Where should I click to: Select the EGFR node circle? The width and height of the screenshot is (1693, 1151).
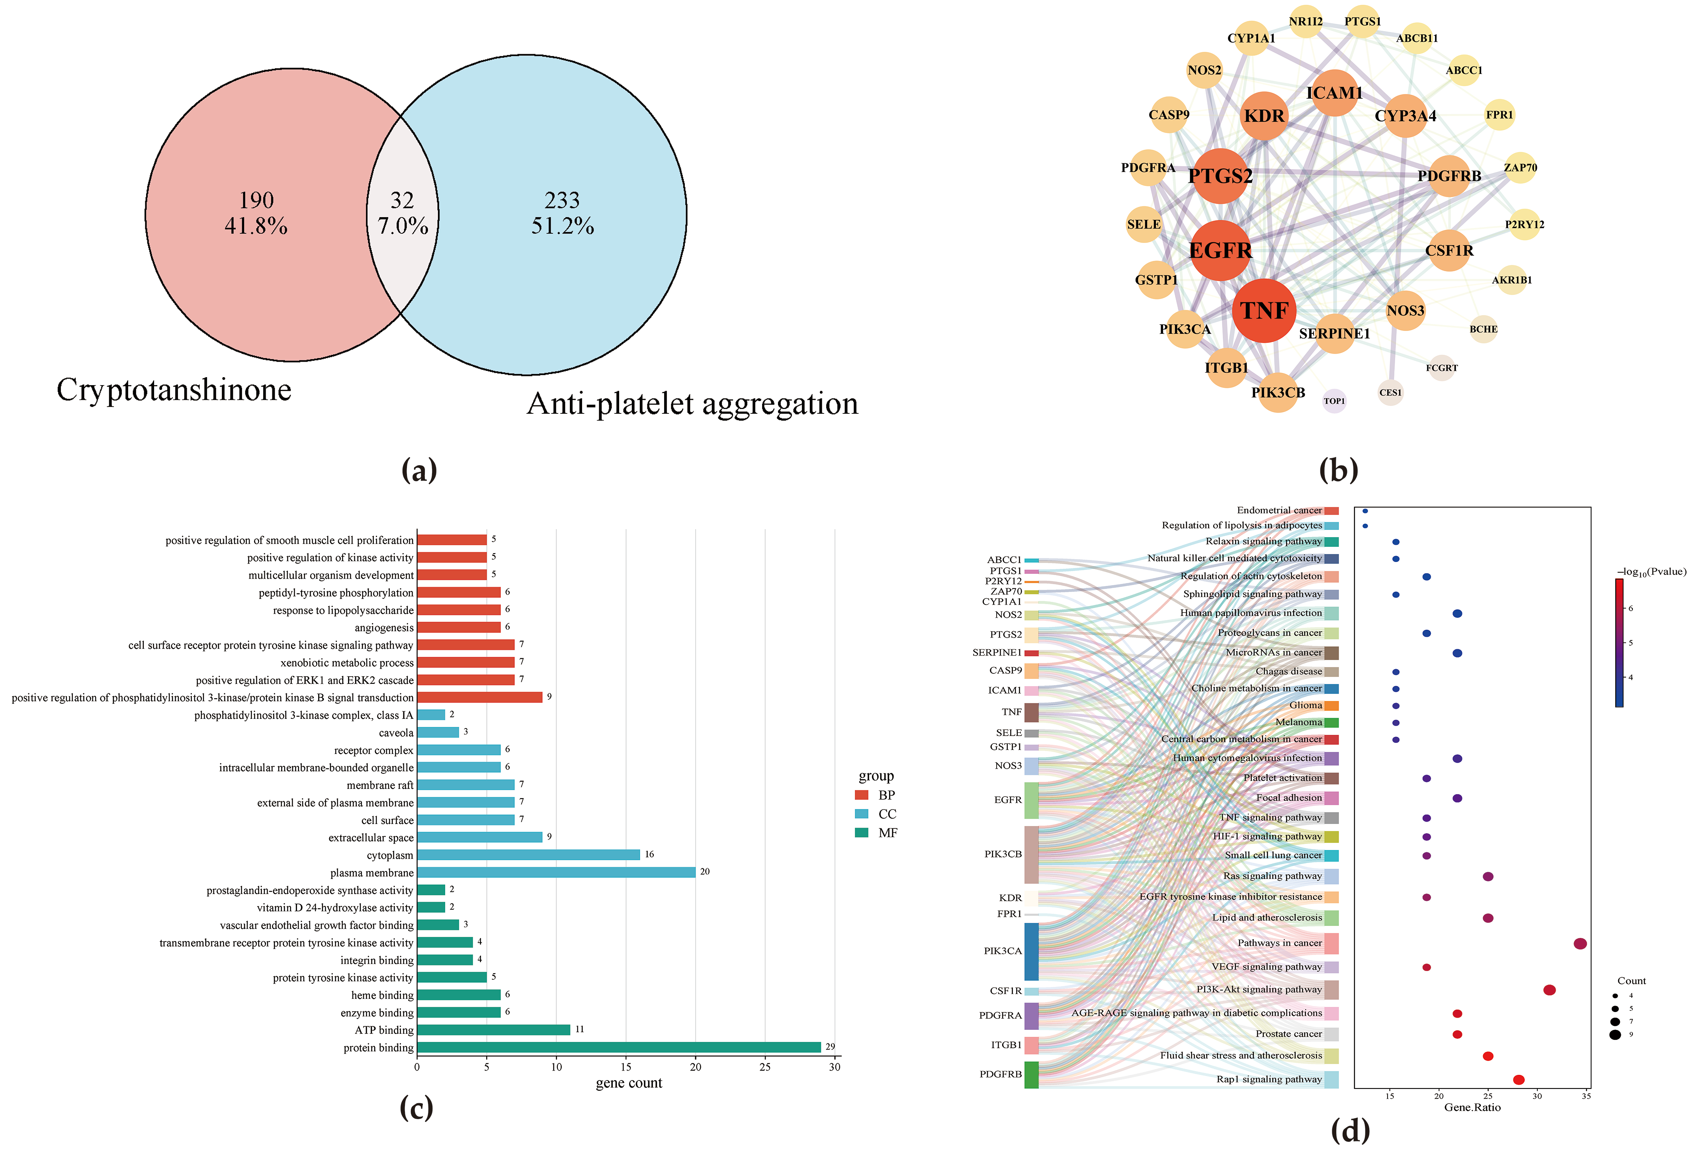coord(1220,251)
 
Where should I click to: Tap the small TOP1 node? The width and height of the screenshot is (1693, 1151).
coord(1334,401)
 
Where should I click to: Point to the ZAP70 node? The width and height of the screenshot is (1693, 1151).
coord(1520,168)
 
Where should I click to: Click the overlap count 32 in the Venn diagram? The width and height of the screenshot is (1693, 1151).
coord(402,200)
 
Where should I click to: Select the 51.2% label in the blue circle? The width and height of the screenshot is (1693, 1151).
coord(562,226)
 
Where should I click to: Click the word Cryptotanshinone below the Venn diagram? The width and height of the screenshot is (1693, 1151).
coord(174,390)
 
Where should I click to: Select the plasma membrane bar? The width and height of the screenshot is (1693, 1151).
coord(556,872)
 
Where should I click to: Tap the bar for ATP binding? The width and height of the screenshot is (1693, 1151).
coord(493,1030)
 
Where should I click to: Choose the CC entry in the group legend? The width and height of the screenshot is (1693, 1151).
coord(887,814)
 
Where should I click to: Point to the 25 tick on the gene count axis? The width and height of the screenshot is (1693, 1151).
coord(765,1067)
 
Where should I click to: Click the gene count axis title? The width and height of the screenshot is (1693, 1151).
coord(629,1083)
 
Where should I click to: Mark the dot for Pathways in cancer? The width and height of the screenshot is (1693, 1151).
coord(1580,944)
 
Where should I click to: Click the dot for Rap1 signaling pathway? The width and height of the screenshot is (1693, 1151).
coord(1518,1080)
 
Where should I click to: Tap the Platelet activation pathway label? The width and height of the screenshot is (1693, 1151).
coord(1282,778)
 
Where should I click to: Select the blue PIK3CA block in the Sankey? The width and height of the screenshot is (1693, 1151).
coord(1032,951)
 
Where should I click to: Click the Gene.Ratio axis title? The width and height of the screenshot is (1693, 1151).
coord(1472,1107)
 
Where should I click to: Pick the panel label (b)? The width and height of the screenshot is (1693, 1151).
coord(1338,470)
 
